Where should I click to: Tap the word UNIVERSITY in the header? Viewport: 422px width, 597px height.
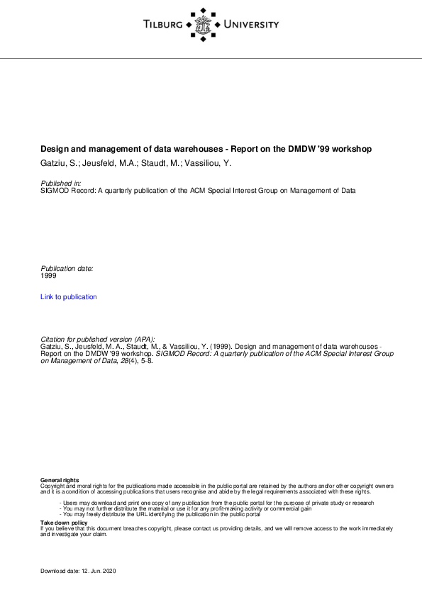[251, 26]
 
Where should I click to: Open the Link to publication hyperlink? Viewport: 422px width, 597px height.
[69, 297]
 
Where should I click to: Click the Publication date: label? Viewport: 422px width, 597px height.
[67, 269]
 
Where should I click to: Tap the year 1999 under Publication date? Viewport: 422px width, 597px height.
[49, 276]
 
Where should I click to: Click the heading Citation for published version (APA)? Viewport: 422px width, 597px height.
[98, 340]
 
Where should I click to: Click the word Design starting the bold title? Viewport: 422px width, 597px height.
[55, 150]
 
